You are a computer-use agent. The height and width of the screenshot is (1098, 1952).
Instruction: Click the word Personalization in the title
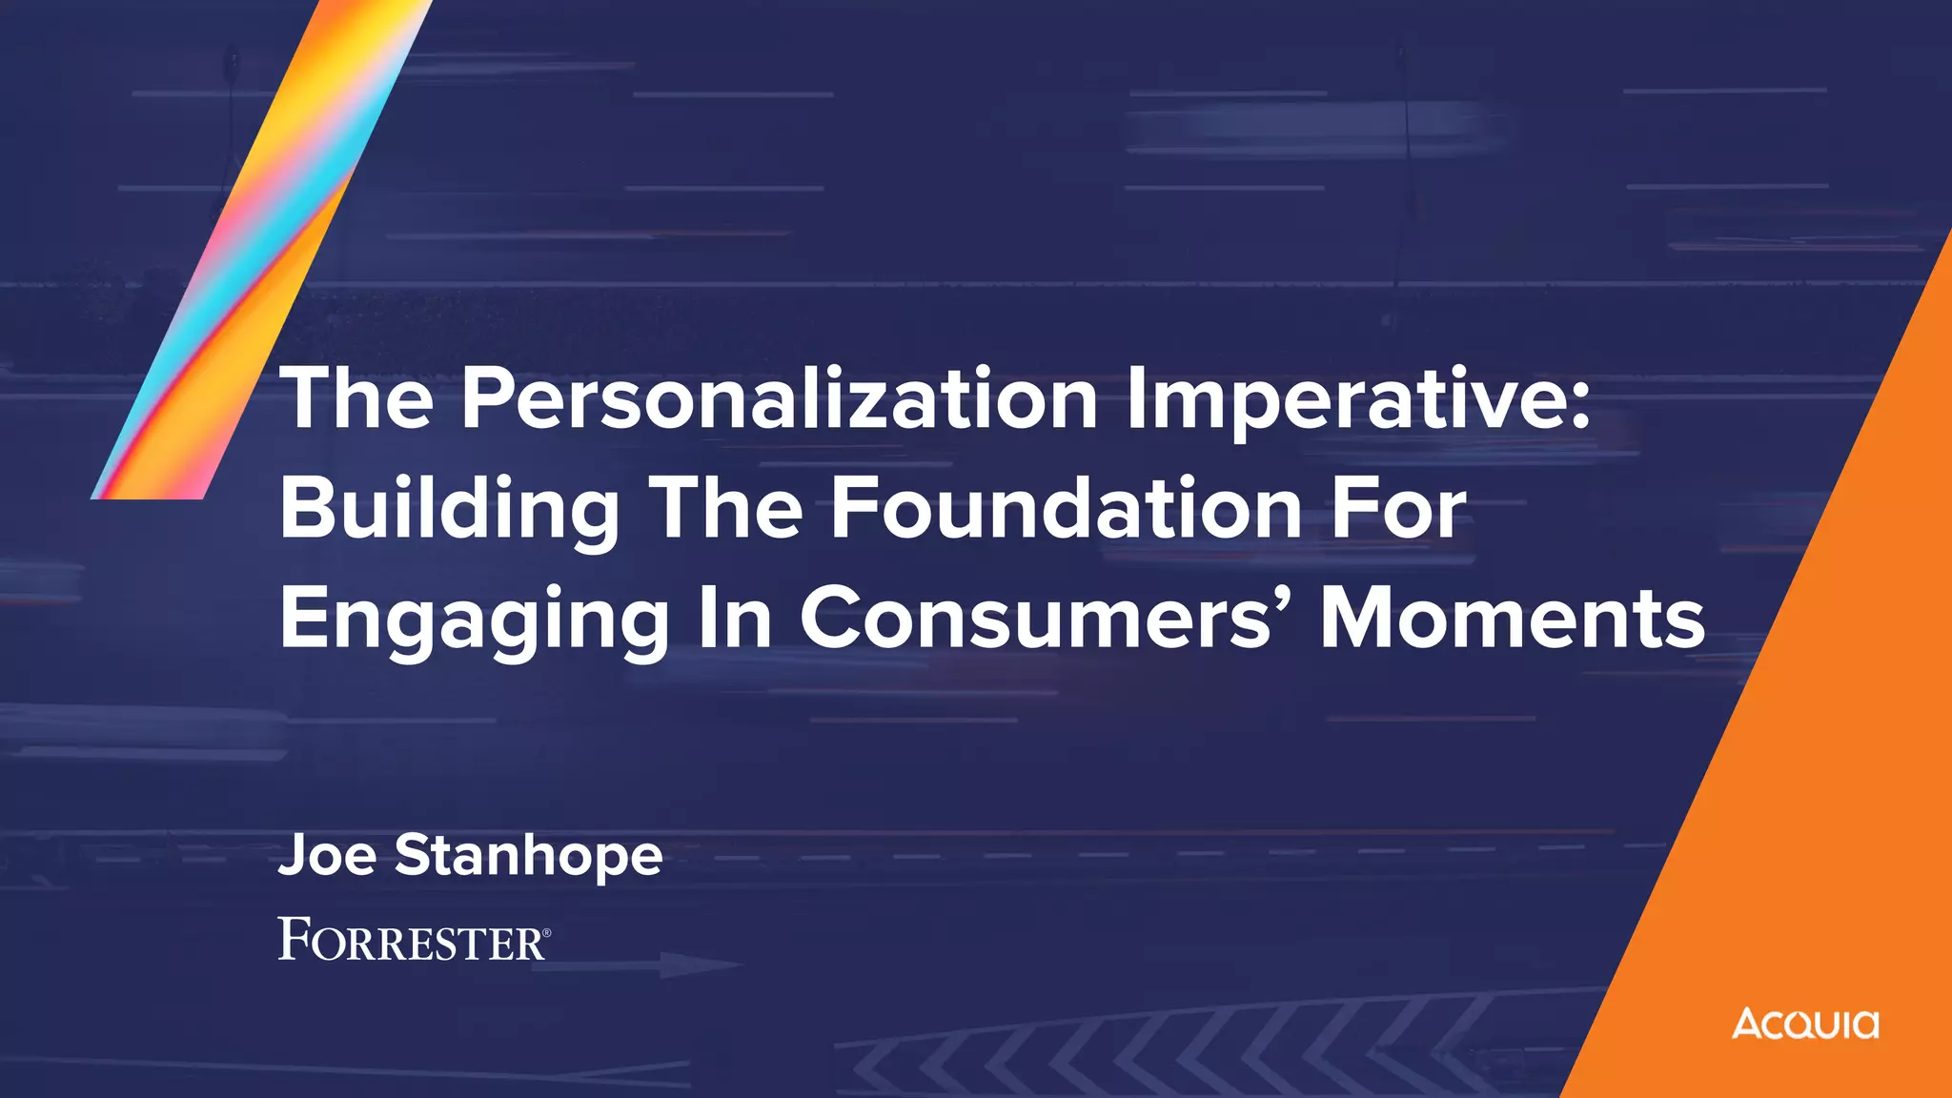pos(779,400)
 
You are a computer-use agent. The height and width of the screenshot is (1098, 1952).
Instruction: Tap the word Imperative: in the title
pos(1358,400)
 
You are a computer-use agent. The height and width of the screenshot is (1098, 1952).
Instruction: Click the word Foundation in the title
pos(1067,509)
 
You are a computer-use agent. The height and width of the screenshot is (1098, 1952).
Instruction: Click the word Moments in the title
pos(1513,620)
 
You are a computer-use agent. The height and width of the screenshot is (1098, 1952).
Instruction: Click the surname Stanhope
pos(528,856)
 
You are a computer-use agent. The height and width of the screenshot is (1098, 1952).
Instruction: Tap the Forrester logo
pos(412,940)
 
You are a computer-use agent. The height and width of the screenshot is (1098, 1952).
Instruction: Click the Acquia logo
pos(1805,1024)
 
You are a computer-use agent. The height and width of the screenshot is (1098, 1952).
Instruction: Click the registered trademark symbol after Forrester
pos(546,931)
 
